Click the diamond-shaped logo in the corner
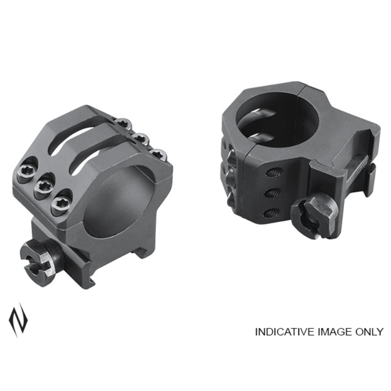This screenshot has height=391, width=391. (18, 320)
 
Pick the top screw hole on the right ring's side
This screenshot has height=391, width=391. (274, 172)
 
